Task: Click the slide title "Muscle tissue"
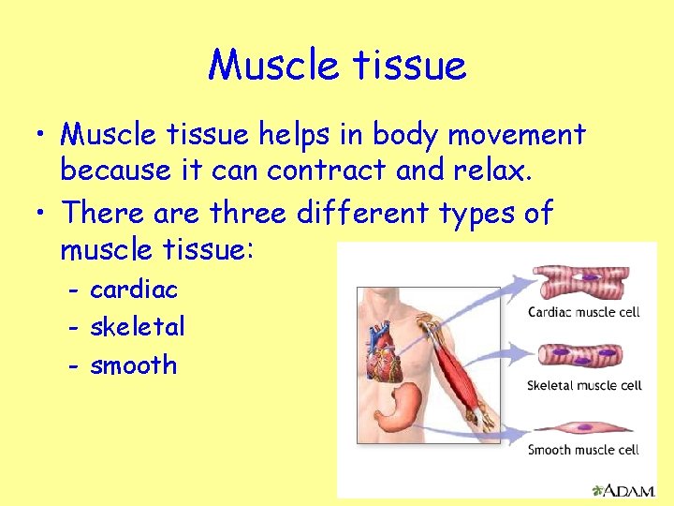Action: (x=337, y=65)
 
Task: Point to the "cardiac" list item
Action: (x=133, y=290)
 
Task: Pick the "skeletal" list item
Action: (x=137, y=327)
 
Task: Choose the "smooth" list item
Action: (x=133, y=365)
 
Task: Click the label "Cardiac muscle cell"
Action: (x=583, y=312)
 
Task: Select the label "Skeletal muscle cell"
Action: (x=584, y=385)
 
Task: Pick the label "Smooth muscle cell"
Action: (x=583, y=450)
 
